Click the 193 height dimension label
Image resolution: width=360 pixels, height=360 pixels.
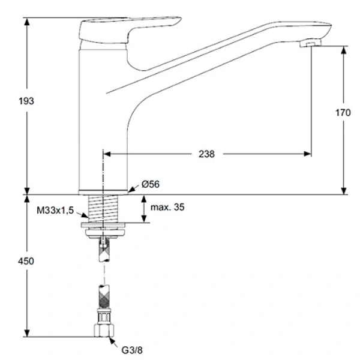pyautogui.click(x=26, y=101)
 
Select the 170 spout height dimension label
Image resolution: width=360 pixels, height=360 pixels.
pyautogui.click(x=343, y=113)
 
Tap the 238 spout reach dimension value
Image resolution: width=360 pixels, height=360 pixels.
pyautogui.click(x=206, y=154)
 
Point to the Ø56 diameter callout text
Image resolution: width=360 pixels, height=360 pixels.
pyautogui.click(x=151, y=184)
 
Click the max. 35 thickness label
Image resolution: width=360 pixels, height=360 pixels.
pyautogui.click(x=167, y=207)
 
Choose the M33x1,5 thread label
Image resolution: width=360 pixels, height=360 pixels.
pyautogui.click(x=55, y=210)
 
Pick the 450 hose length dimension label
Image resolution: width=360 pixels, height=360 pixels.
pyautogui.click(x=26, y=261)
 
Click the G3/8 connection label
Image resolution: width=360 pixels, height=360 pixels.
pyautogui.click(x=132, y=350)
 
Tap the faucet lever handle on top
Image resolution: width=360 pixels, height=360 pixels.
pyautogui.click(x=128, y=31)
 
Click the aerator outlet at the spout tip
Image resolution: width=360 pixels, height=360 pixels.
pyautogui.click(x=310, y=43)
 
